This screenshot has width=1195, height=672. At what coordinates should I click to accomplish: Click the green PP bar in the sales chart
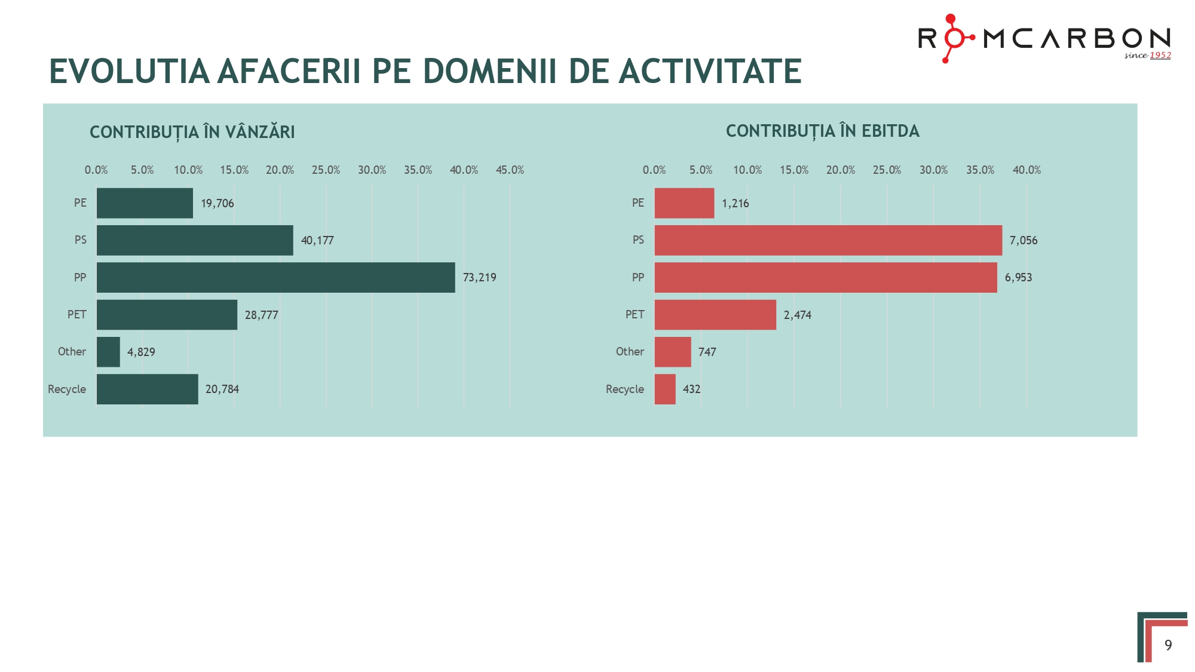(275, 277)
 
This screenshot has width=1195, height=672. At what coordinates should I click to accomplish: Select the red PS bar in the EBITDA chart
(828, 240)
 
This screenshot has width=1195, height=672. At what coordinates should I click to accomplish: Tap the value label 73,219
(479, 278)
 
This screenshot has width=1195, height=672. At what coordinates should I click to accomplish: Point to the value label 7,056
(1023, 241)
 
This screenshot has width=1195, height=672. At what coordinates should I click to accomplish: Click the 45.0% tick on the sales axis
(510, 170)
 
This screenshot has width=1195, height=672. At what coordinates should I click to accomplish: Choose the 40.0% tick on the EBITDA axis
(1027, 170)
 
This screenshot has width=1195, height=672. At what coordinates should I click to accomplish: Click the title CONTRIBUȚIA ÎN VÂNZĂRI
(192, 132)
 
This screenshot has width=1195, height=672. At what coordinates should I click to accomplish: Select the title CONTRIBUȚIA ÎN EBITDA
(822, 131)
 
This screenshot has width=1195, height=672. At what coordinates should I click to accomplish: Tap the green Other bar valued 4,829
(108, 352)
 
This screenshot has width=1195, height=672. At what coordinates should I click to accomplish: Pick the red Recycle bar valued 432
(665, 389)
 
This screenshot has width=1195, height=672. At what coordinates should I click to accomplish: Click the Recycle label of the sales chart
(67, 389)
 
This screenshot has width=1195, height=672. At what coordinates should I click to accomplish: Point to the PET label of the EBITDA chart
(635, 315)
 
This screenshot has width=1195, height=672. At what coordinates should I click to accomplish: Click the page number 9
(1168, 645)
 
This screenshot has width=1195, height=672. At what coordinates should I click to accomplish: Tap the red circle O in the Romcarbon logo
(954, 38)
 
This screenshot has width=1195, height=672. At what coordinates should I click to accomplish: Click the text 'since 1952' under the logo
(1147, 56)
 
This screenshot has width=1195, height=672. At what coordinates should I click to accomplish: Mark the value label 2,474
(797, 315)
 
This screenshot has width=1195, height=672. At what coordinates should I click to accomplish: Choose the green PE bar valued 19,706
(145, 203)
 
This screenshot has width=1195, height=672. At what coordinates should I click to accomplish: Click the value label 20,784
(222, 389)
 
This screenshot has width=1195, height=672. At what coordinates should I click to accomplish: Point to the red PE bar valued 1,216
(684, 203)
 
